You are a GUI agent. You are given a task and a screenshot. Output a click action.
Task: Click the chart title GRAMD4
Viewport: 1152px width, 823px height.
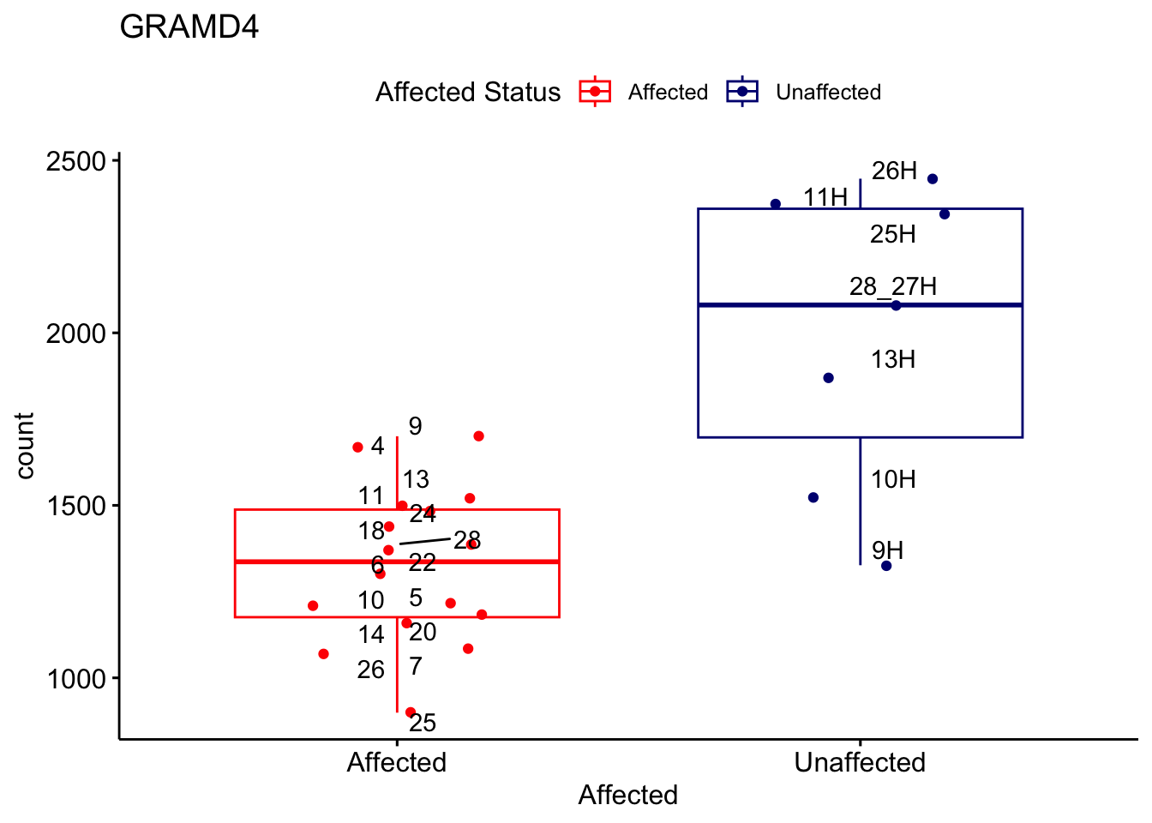(189, 27)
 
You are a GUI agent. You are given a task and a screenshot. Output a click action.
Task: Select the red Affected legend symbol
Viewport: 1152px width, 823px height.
(595, 92)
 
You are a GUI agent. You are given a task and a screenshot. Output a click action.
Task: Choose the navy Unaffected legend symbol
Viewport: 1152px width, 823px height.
(742, 92)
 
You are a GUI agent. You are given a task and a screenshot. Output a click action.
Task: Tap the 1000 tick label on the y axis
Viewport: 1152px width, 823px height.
(75, 679)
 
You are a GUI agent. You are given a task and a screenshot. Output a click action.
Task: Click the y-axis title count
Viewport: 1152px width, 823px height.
(25, 446)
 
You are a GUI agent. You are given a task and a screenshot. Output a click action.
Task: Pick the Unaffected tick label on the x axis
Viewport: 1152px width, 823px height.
(860, 762)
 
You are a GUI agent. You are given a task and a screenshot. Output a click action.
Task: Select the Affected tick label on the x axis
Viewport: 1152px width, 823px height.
(396, 762)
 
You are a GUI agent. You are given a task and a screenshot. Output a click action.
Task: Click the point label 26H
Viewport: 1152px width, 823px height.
(894, 171)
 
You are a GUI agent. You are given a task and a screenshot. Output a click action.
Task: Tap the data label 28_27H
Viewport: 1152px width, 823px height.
(893, 286)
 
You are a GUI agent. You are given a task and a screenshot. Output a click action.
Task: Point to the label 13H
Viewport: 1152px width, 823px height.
(893, 360)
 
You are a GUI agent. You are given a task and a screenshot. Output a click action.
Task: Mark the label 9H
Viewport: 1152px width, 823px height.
(887, 550)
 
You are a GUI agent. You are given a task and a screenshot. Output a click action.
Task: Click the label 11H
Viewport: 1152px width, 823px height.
(825, 198)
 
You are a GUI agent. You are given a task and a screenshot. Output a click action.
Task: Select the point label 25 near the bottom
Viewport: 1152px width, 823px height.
(423, 724)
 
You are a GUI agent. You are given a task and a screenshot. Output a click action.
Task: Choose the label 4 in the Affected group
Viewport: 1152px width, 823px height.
(377, 447)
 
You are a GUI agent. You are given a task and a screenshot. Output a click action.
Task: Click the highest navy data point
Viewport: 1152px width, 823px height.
(933, 179)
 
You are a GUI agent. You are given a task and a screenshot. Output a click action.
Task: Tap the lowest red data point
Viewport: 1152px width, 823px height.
(411, 712)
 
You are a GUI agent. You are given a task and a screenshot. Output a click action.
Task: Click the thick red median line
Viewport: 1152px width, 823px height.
(480, 562)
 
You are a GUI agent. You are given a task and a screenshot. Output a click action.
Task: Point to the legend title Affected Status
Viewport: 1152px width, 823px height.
(468, 92)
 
